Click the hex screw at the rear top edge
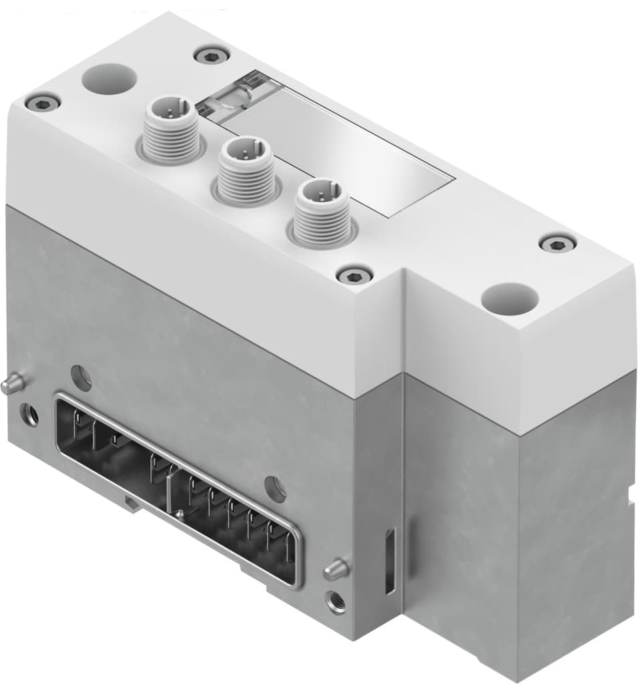pos(212,55)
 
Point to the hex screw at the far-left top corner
pos(42,102)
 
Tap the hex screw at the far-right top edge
pos(557,243)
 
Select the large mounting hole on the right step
pos(510,295)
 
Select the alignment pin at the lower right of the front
pos(336,569)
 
